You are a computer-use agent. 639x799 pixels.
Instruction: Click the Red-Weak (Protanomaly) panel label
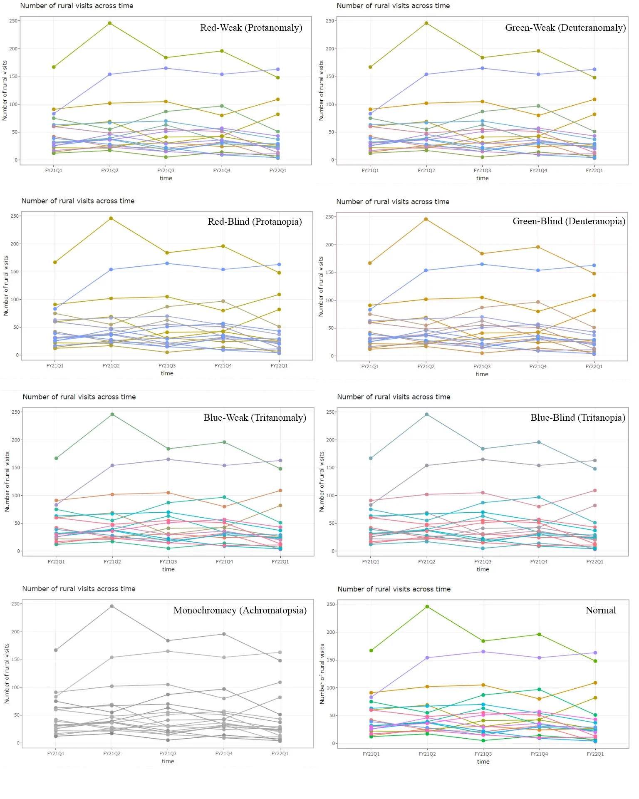[251, 28]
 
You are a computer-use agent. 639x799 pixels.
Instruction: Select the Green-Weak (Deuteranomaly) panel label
[565, 28]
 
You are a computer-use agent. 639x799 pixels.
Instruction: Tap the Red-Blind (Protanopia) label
[255, 222]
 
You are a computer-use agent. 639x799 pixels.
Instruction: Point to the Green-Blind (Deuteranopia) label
[568, 221]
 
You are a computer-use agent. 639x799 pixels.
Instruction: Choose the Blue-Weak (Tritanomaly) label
[255, 418]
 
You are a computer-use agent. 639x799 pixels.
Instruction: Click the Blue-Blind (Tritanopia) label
[577, 418]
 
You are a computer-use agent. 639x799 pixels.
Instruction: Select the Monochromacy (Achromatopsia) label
[240, 610]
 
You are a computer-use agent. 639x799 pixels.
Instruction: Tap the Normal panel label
[600, 610]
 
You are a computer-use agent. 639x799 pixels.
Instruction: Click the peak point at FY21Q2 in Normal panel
[427, 607]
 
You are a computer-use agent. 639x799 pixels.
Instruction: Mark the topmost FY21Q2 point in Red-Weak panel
[110, 23]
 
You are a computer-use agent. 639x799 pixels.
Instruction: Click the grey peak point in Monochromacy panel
[112, 606]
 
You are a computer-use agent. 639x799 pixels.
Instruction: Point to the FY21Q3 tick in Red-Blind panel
[167, 366]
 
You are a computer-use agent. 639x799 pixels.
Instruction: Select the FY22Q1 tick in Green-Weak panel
[594, 171]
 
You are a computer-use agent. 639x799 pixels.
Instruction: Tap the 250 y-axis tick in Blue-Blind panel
[330, 412]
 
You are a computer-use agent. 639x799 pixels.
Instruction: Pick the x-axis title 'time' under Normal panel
[483, 762]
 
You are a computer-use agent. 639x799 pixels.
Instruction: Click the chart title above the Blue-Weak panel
[79, 397]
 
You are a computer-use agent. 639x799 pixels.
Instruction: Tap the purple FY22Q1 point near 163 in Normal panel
[595, 653]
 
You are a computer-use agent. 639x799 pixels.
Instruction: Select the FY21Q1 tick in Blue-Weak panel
[56, 562]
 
